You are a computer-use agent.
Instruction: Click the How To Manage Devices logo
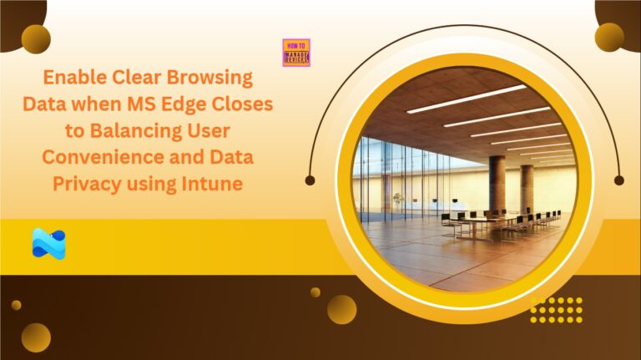[296, 53]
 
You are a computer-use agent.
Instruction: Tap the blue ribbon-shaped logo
[48, 243]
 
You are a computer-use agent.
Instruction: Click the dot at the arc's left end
[310, 180]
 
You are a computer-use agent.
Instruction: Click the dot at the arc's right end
[618, 180]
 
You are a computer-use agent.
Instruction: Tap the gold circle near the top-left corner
[36, 38]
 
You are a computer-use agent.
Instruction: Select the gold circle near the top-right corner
[609, 37]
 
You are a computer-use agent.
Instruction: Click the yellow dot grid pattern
[556, 309]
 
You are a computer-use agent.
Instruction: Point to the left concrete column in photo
[497, 184]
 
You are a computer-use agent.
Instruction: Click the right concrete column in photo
[527, 187]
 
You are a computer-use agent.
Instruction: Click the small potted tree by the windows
[397, 200]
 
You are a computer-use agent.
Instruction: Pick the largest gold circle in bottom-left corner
[36, 337]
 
